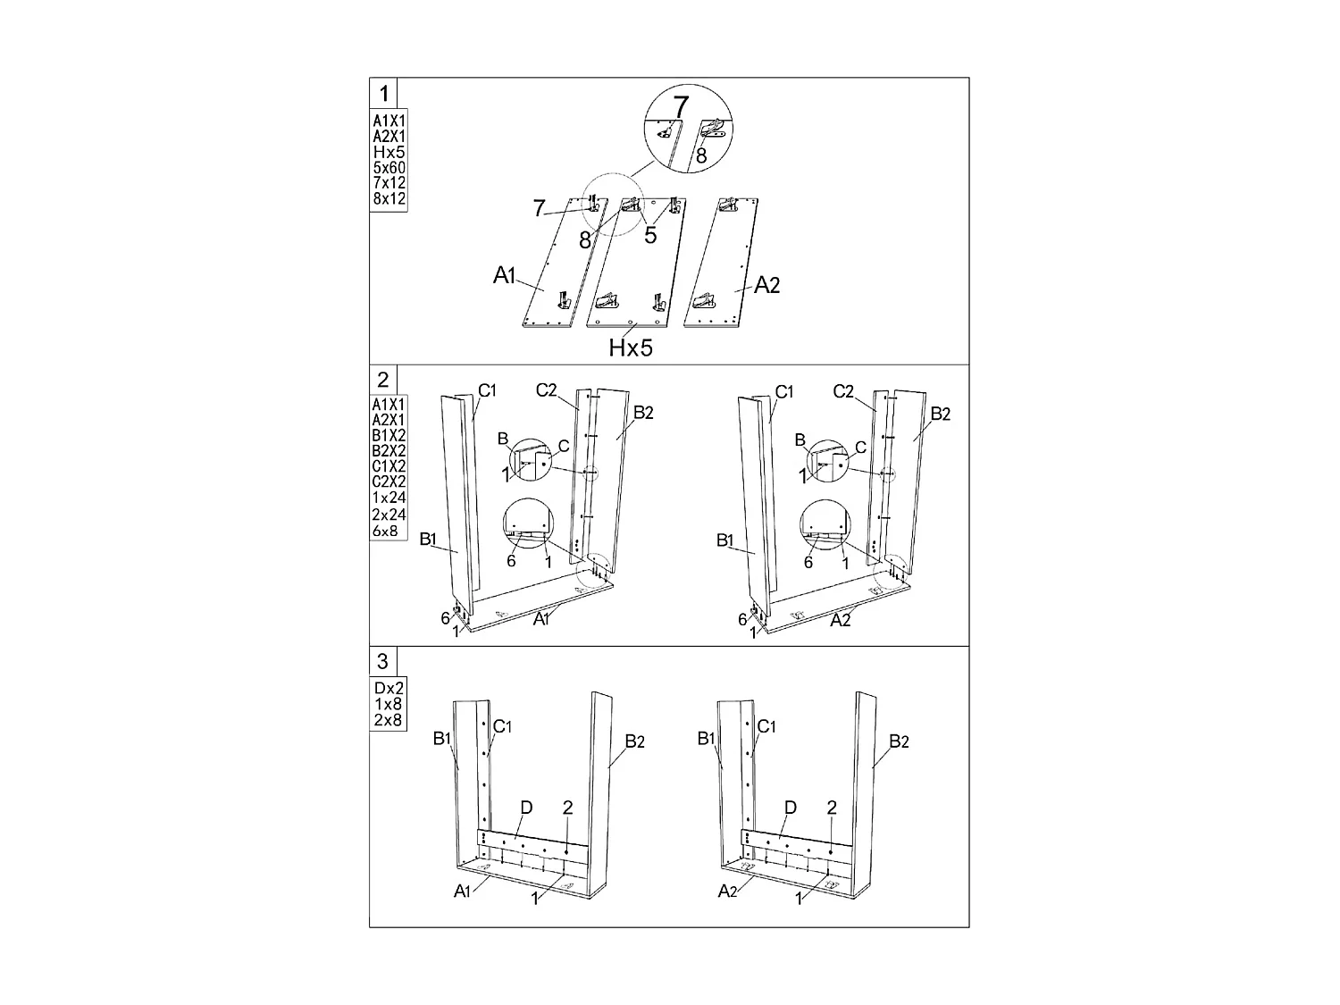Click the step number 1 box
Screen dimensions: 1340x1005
383,94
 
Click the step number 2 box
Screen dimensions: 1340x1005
382,380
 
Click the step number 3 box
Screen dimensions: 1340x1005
382,661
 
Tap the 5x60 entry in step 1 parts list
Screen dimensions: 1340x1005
389,167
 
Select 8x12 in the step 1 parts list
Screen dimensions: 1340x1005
389,198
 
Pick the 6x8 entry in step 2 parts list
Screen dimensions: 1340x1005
385,531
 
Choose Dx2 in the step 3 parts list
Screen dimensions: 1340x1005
389,688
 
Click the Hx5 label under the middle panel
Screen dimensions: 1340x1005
631,348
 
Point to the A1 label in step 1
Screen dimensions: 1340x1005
505,275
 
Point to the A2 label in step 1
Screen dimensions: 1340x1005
766,285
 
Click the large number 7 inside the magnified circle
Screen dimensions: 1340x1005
681,107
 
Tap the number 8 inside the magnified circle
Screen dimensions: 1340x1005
701,155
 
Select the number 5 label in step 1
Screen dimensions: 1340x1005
650,235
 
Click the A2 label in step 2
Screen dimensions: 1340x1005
840,621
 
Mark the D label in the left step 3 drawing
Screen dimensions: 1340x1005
526,808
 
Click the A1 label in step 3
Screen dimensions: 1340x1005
462,892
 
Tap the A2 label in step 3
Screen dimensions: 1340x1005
727,892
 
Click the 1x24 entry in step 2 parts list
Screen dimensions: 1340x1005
389,498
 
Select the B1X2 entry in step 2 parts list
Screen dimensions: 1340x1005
389,435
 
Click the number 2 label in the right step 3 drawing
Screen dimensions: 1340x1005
832,808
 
